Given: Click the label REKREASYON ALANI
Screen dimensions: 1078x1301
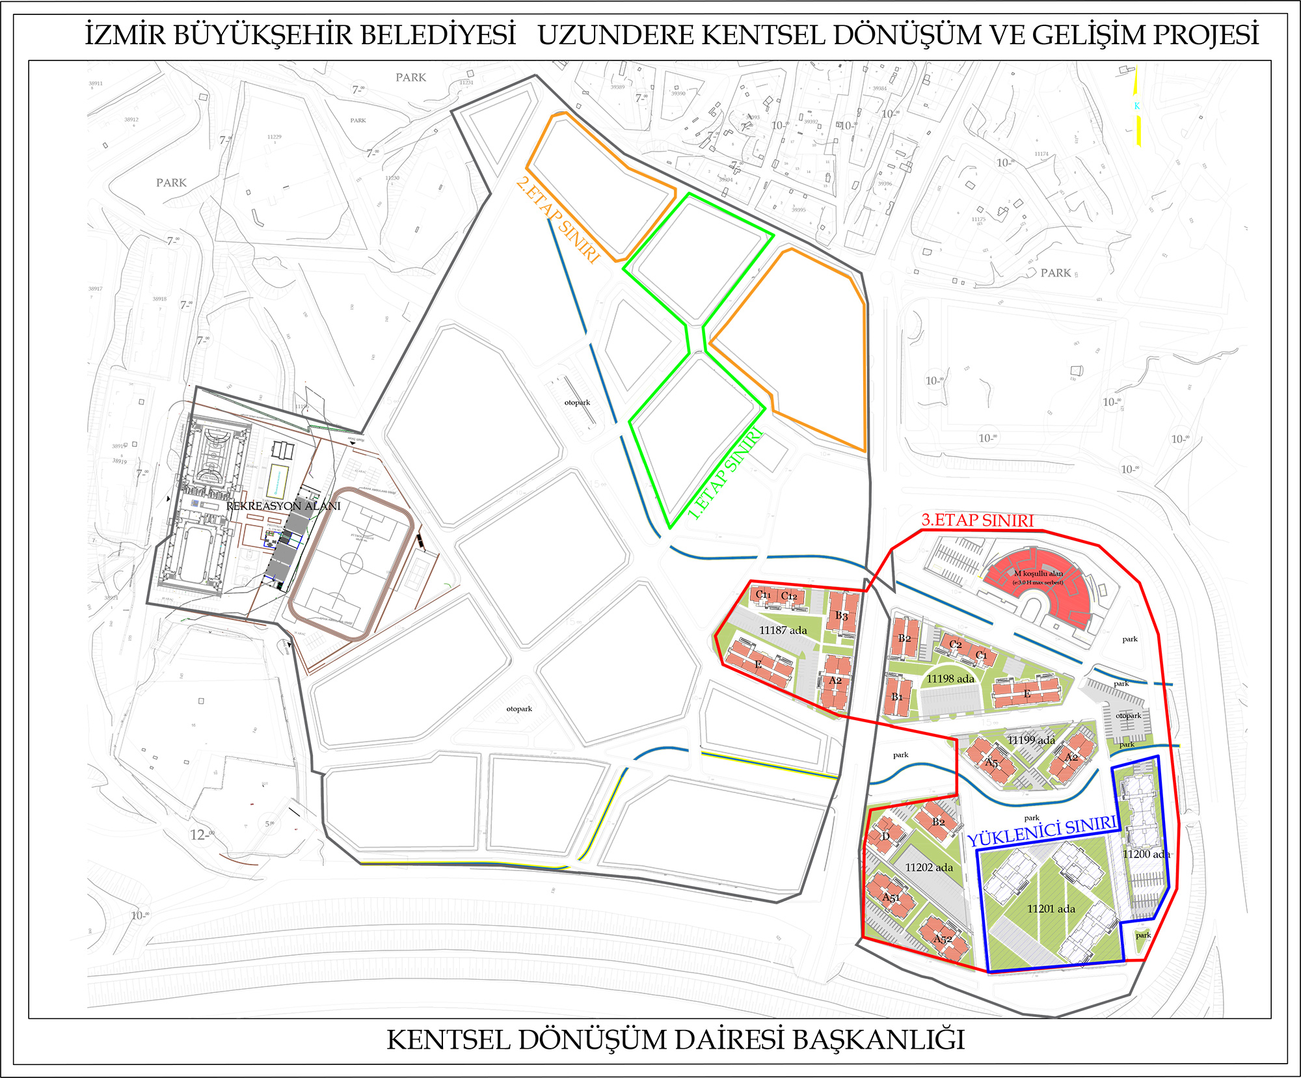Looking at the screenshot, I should coord(284,506).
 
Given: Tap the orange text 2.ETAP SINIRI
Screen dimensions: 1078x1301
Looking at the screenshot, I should coord(557,221).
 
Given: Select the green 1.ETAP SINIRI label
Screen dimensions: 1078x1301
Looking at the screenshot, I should coord(725,476).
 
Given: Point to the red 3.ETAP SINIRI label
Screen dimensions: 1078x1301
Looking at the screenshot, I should coord(977,520).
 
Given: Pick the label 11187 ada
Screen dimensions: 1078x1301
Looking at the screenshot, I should coord(783,630).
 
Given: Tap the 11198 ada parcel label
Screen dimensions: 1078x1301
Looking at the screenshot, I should coord(950,679).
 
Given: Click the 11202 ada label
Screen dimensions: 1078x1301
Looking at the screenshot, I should coord(929,868).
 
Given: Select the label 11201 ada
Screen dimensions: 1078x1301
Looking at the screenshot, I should coord(1051,909).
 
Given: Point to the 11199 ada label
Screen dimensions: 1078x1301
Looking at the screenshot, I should coord(1031,740).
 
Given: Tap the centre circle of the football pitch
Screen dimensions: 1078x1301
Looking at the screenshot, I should coord(351,563).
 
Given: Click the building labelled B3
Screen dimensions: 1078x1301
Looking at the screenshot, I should coord(842,615).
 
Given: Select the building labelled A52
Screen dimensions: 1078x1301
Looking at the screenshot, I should coord(943,939).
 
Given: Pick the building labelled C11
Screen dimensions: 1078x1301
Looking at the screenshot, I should coord(763,595).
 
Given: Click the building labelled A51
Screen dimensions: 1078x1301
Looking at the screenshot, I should coord(891,898).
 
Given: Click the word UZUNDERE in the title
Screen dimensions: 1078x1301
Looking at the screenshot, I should coord(616,35).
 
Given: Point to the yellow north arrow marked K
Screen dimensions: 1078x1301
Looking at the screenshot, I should coord(1137,106).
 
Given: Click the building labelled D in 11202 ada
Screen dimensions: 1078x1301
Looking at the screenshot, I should coord(885,836).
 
